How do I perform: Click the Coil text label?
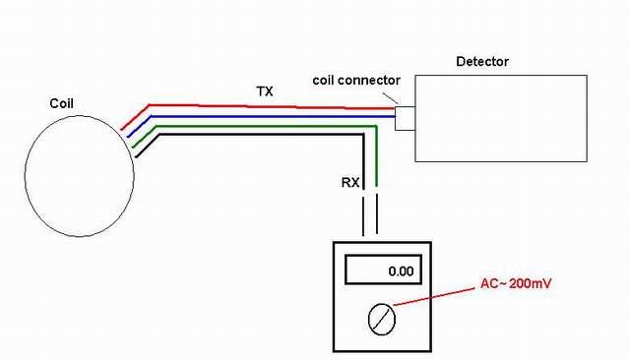click(x=61, y=103)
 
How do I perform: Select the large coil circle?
click(x=25, y=177)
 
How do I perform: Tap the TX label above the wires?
click(x=265, y=91)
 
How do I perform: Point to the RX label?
click(x=350, y=183)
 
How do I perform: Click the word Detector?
click(x=482, y=61)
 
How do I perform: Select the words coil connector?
click(x=356, y=81)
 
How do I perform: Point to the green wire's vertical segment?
click(x=376, y=156)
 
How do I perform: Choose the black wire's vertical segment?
click(x=363, y=161)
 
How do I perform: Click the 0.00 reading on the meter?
click(x=401, y=271)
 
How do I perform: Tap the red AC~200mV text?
click(x=516, y=283)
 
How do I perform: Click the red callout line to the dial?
click(x=434, y=297)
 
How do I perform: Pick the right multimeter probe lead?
click(x=377, y=214)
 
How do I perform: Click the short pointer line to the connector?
click(x=390, y=98)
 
